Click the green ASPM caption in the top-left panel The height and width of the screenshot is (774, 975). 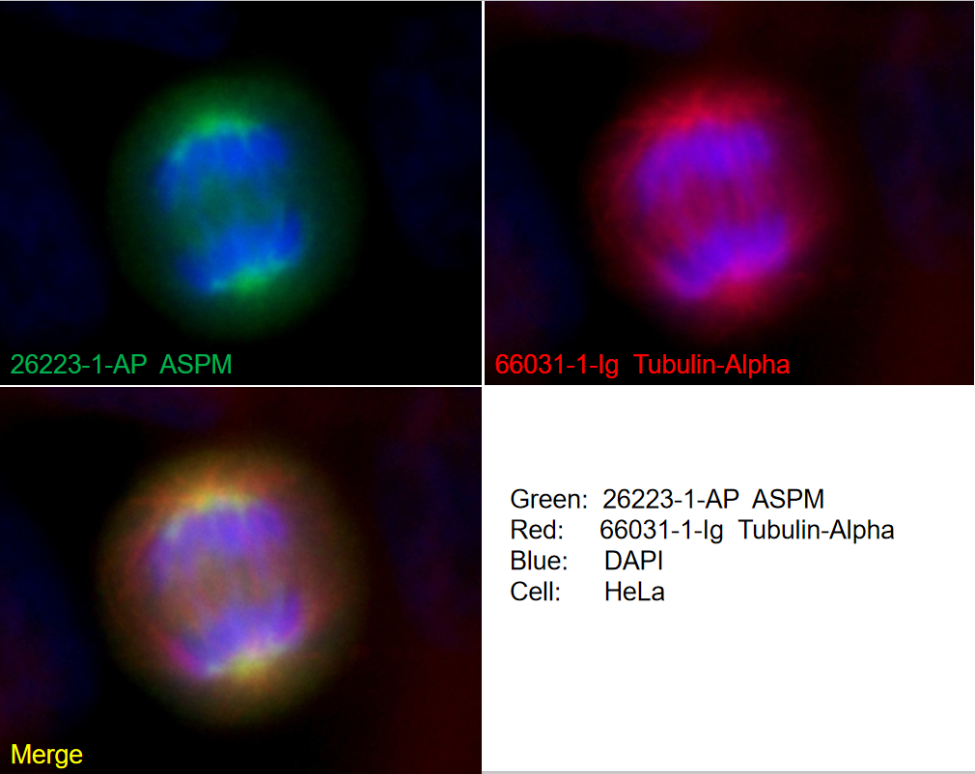pyautogui.click(x=196, y=365)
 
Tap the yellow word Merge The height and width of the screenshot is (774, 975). pyautogui.click(x=46, y=755)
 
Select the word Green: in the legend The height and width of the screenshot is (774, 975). pyautogui.click(x=548, y=499)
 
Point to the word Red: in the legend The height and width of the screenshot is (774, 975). pyautogui.click(x=537, y=530)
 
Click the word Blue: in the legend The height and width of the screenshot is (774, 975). pyautogui.click(x=539, y=561)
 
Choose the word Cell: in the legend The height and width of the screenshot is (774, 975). pyautogui.click(x=536, y=592)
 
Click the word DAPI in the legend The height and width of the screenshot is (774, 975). pyautogui.click(x=633, y=561)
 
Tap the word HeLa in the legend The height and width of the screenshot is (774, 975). pyautogui.click(x=634, y=592)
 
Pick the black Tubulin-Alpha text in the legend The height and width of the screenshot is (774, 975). pyautogui.click(x=817, y=530)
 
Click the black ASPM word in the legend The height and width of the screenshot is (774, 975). pyautogui.click(x=789, y=499)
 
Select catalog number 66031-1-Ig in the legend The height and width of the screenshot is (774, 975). pyautogui.click(x=661, y=530)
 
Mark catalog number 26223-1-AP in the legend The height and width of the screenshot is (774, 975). pyautogui.click(x=670, y=499)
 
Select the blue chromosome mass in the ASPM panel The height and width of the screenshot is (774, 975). pyautogui.click(x=227, y=203)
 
